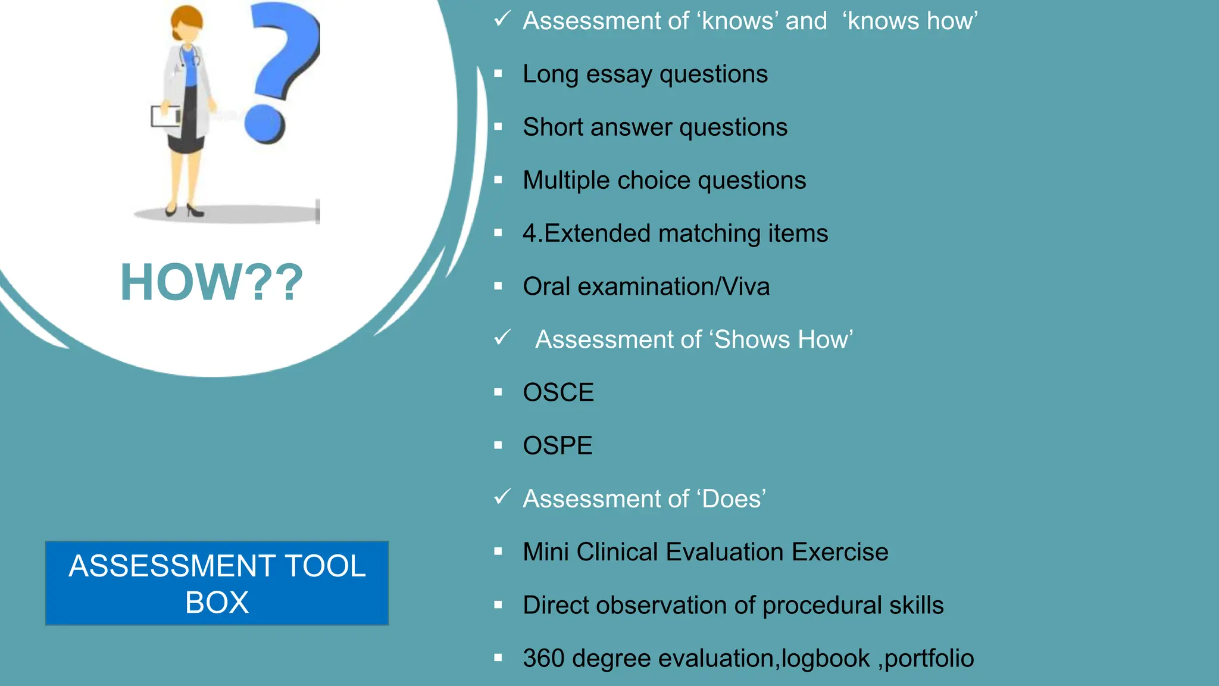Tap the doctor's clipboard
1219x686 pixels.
click(x=166, y=116)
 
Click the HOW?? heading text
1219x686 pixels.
click(x=212, y=282)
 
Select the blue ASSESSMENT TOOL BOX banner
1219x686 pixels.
click(x=217, y=583)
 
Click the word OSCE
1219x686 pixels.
click(x=558, y=392)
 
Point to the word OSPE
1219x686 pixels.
click(x=558, y=445)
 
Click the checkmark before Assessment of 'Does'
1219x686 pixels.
click(x=502, y=497)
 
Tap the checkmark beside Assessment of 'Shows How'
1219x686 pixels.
click(x=502, y=338)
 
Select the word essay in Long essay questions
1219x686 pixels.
click(x=620, y=74)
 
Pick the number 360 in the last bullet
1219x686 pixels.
click(x=543, y=659)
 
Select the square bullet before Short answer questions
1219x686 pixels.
click(x=498, y=127)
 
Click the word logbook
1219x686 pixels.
click(x=826, y=659)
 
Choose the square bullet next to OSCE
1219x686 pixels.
click(x=498, y=392)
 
